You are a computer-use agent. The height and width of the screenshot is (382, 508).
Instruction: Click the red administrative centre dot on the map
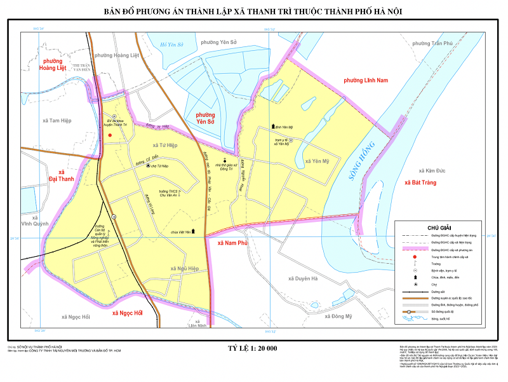(x=110, y=135)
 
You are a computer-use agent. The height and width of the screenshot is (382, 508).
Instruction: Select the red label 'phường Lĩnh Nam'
(x=365, y=81)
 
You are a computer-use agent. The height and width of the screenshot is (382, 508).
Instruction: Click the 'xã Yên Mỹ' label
(x=317, y=161)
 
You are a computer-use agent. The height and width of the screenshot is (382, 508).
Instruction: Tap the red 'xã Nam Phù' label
(x=231, y=243)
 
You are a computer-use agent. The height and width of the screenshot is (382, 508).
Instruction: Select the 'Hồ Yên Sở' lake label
(x=171, y=44)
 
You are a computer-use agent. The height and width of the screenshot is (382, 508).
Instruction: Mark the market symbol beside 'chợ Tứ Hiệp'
(x=149, y=166)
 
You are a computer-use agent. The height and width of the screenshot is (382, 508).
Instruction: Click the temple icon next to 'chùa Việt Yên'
(x=194, y=232)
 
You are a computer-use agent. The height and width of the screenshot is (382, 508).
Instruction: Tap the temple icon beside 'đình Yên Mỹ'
(x=274, y=127)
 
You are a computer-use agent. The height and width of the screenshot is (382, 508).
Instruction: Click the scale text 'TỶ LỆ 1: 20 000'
(x=252, y=348)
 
